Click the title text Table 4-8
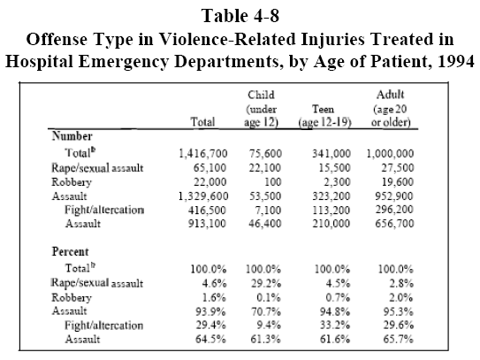[x=240, y=16]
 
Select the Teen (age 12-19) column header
[x=324, y=116]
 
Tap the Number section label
[x=72, y=135]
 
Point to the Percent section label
[x=71, y=251]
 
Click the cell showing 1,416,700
[x=203, y=153]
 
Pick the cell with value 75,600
[x=265, y=153]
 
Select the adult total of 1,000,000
[x=391, y=153]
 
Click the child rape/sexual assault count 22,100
[x=265, y=167]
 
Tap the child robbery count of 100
[x=273, y=181]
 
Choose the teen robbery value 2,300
[x=337, y=181]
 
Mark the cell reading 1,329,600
[x=203, y=195]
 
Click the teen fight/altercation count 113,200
[x=331, y=210]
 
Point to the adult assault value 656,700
[x=394, y=224]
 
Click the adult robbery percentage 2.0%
[x=401, y=297]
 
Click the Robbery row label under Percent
[x=72, y=297]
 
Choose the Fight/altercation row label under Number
[x=104, y=210]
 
